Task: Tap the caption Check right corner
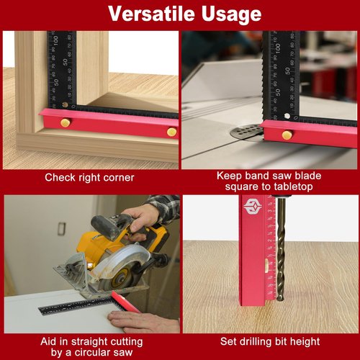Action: [89, 178]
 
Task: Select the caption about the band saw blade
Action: [269, 181]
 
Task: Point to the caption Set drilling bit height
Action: [269, 341]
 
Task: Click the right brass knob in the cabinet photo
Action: [171, 132]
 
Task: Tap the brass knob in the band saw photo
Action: [287, 135]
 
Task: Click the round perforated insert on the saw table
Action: [246, 132]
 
